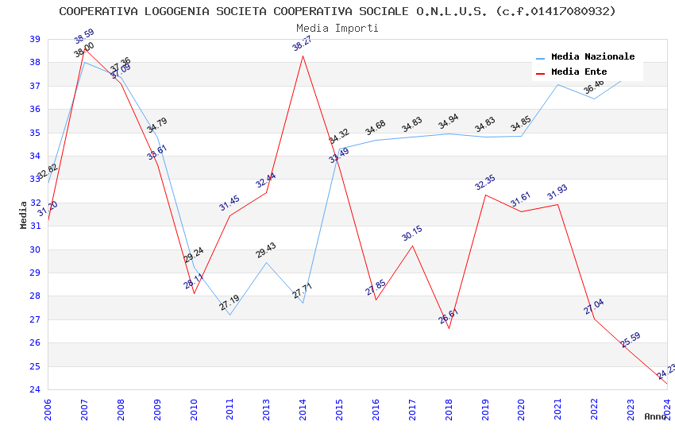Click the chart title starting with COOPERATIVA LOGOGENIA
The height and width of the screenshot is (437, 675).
[337, 11]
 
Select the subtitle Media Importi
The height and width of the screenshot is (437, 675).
[337, 28]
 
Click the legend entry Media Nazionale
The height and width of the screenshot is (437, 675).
[592, 57]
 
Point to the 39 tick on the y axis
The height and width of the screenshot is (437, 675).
[35, 39]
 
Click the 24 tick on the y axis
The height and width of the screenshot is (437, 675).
[35, 390]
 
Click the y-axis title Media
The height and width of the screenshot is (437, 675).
[24, 215]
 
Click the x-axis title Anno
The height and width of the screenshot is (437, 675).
[655, 416]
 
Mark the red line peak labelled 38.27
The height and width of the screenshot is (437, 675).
[303, 56]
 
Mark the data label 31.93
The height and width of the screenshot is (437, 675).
[557, 192]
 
